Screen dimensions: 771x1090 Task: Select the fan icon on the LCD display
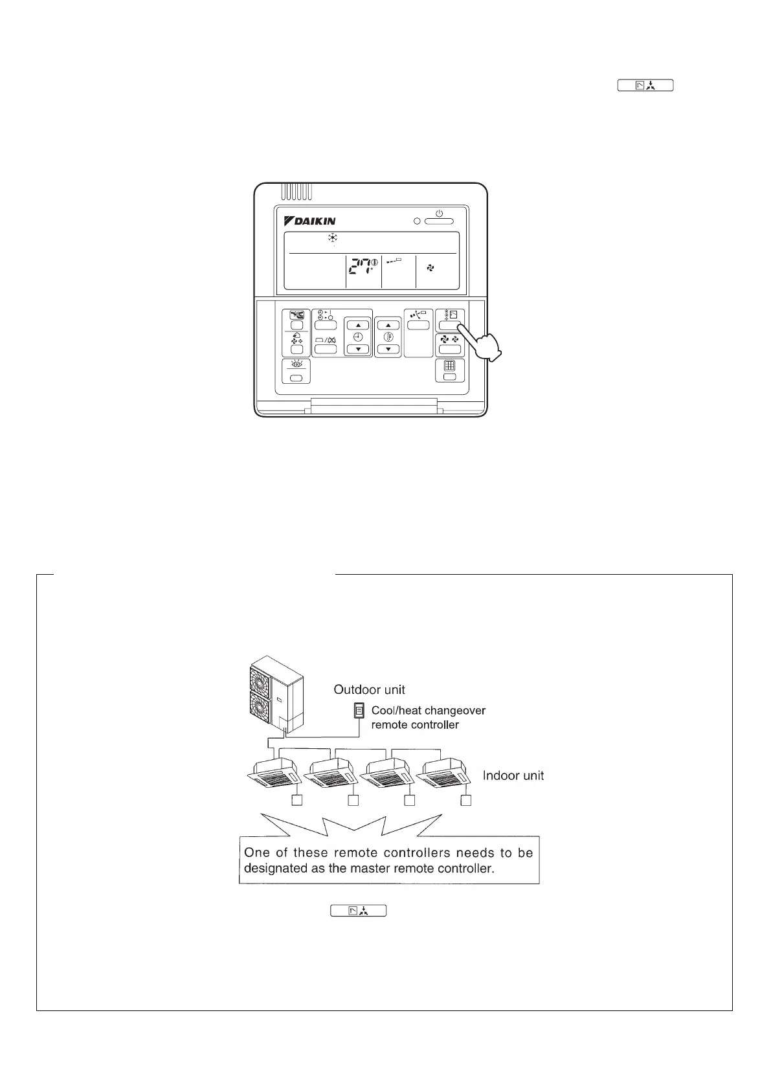click(x=430, y=267)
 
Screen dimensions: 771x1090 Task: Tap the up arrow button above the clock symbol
click(x=358, y=325)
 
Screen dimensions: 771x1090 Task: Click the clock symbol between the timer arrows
click(x=358, y=337)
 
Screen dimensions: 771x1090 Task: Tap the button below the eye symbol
click(x=296, y=378)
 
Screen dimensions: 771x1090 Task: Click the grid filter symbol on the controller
click(x=450, y=364)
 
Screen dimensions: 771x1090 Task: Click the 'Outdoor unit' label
click(x=369, y=690)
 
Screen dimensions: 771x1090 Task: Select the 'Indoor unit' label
click(x=513, y=775)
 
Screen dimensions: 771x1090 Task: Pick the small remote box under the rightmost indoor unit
click(x=465, y=801)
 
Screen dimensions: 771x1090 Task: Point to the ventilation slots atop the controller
click(x=297, y=192)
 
